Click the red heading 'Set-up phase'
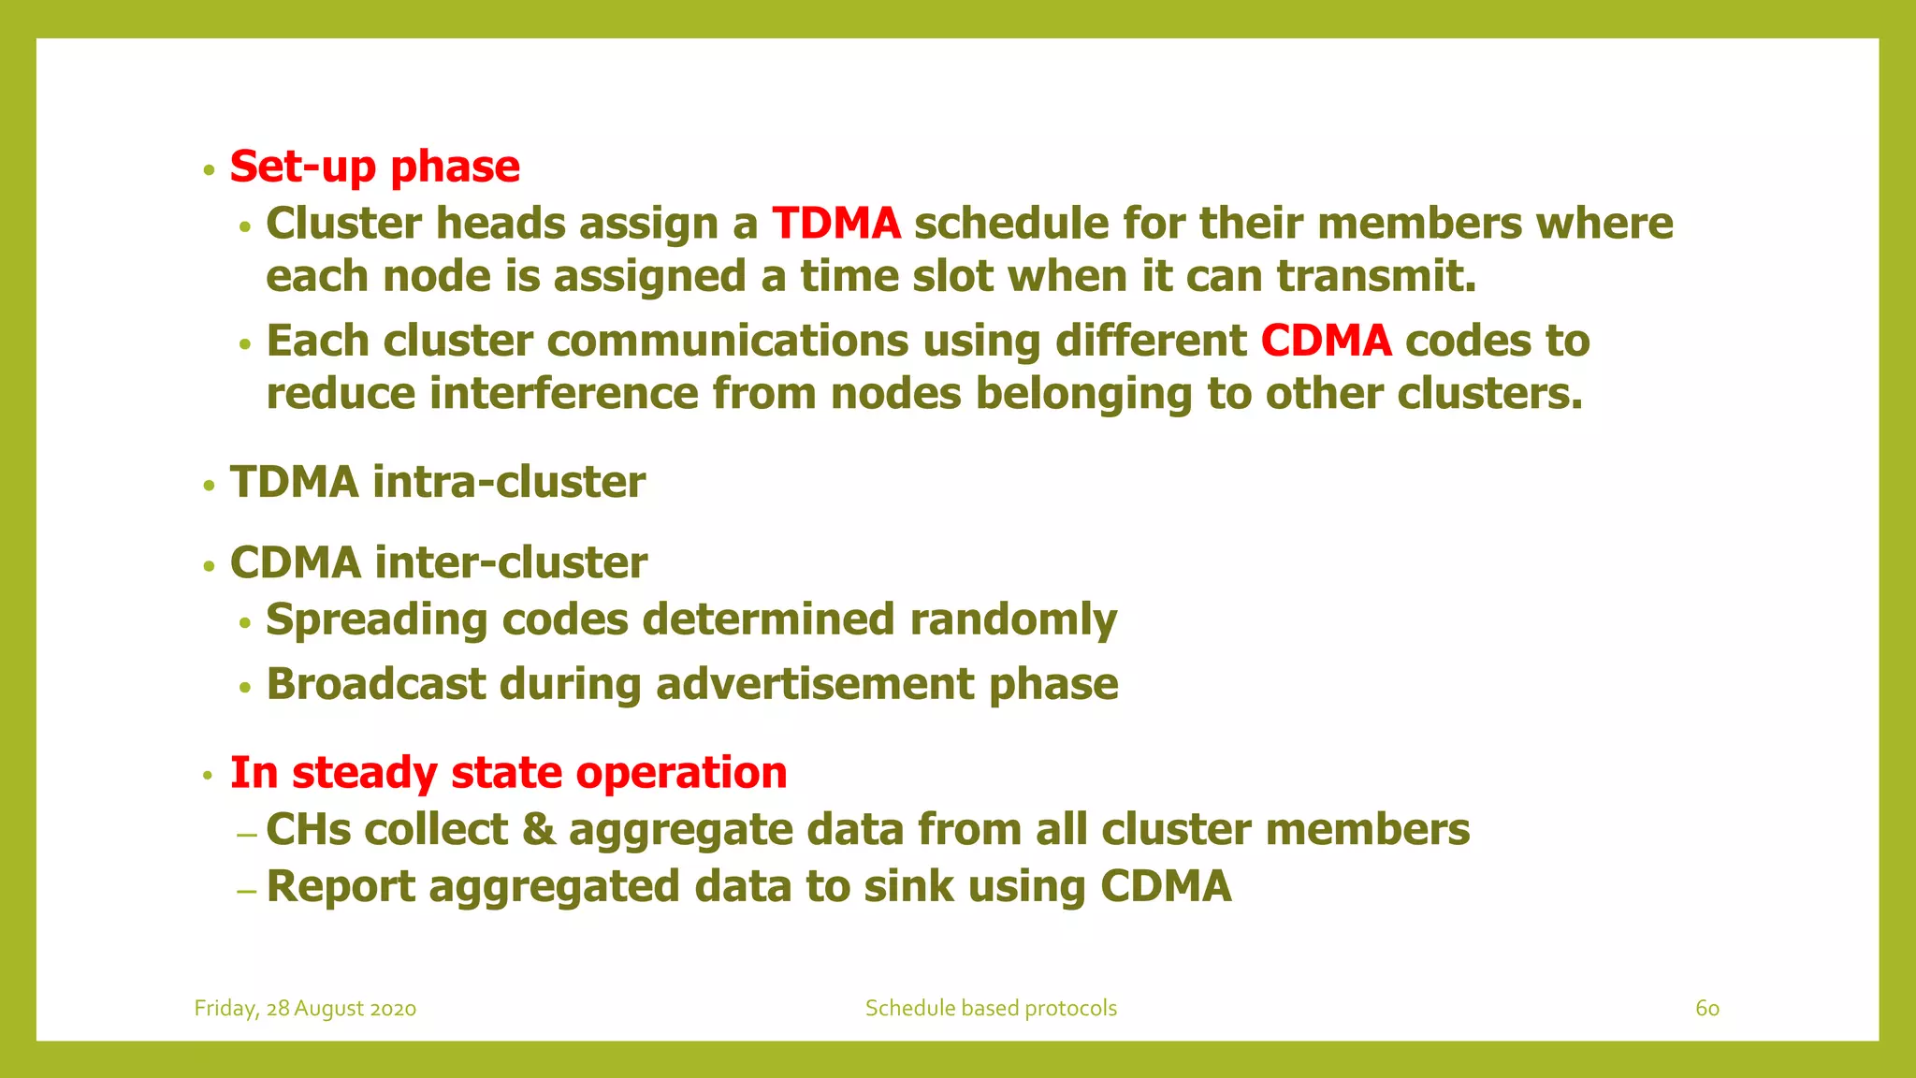coord(374,168)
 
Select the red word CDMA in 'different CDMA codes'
coord(1326,342)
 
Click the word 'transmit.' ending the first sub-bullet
coord(1376,277)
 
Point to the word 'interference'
coord(564,394)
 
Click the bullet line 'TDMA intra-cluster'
coord(438,483)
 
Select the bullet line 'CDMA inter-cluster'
coord(439,563)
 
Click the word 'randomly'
coord(1013,620)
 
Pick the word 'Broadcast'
coord(376,684)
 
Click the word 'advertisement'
coord(815,684)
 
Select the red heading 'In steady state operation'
coord(508,773)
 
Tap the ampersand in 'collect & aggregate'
coord(538,830)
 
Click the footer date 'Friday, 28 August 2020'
coord(305,1009)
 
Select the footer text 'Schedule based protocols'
coord(991,1009)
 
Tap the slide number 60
coord(1706,1009)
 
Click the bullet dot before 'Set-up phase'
coord(210,171)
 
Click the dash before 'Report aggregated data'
coord(246,890)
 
